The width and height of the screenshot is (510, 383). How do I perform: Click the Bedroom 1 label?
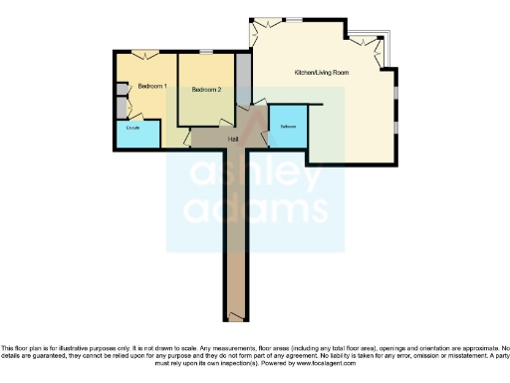pos(151,86)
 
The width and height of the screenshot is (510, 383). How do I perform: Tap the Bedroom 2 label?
pos(205,91)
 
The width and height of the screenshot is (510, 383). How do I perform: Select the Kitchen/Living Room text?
pos(321,73)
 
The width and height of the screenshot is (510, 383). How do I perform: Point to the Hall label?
pos(233,139)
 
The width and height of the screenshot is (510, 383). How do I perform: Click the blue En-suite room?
pos(133,128)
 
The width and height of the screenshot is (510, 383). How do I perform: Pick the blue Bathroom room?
pos(288,127)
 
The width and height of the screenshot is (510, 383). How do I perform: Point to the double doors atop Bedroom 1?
pos(145,53)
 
